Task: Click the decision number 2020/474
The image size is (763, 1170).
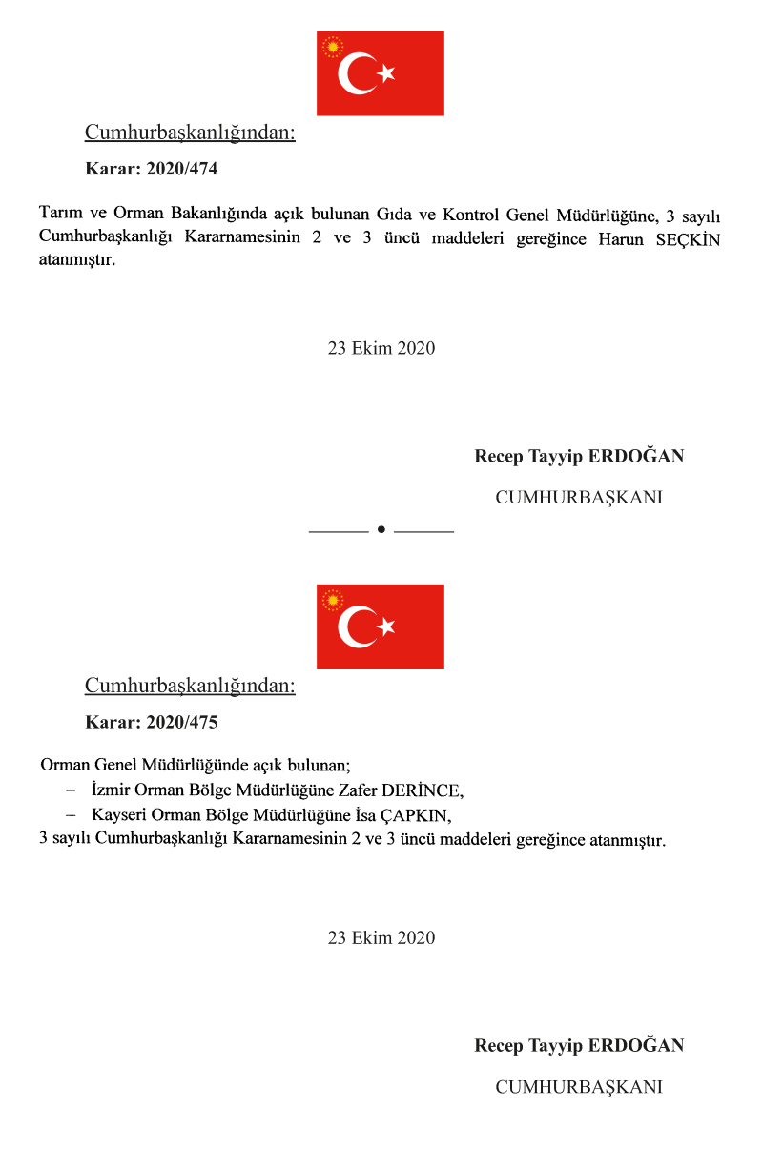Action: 182,170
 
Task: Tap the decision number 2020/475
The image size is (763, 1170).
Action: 182,723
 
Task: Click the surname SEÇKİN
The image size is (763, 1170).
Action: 687,239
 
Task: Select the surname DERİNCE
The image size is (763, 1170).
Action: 422,790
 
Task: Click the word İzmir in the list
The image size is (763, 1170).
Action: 112,790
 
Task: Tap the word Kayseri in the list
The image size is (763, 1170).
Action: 119,816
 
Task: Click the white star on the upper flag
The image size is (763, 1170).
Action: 385,73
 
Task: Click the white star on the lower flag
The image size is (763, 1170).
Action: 385,626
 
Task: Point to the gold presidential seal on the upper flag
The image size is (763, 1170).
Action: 333,47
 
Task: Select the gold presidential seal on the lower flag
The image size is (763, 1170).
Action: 333,600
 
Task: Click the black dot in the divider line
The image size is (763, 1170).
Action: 381,529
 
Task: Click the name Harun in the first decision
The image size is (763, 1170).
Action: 621,239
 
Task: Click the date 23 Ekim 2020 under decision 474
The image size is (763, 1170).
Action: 381,348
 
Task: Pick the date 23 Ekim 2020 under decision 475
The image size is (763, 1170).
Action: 381,938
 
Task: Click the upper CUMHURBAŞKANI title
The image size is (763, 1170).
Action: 579,497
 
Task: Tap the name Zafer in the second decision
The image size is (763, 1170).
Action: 358,790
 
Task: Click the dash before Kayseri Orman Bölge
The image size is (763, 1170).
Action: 70,816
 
